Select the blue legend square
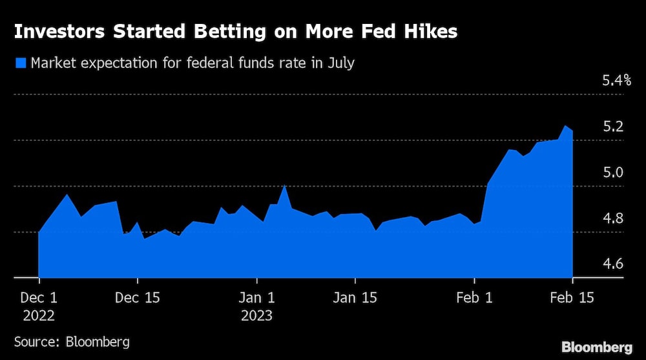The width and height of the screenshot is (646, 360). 19,63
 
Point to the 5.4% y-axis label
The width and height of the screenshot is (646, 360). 616,81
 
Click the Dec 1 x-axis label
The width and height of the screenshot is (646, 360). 39,298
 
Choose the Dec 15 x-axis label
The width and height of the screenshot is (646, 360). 138,298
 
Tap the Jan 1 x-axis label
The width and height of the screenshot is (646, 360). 257,298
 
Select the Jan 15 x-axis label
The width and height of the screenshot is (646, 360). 355,298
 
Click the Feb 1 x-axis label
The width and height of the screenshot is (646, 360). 474,298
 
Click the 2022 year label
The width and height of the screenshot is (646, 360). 39,316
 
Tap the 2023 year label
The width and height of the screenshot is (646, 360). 257,316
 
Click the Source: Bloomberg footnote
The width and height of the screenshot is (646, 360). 72,341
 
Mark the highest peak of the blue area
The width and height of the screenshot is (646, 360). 566,126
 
